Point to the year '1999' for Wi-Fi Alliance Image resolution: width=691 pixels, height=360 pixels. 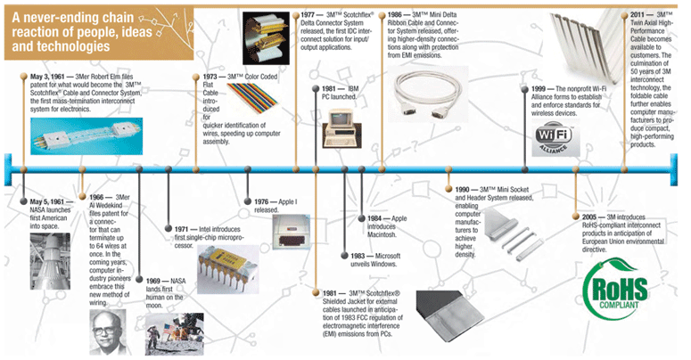tap(544, 90)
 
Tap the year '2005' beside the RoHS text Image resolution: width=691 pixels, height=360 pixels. tap(586, 217)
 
